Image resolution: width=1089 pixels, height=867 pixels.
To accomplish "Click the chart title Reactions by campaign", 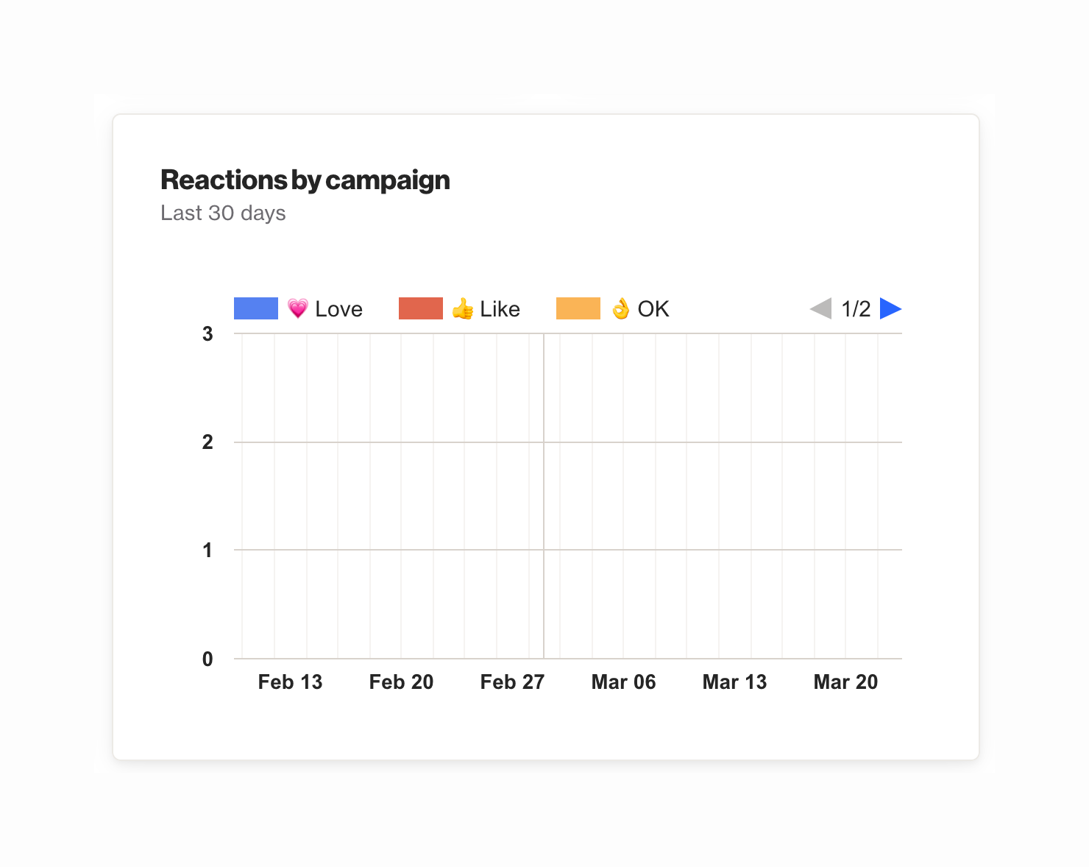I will click(x=305, y=180).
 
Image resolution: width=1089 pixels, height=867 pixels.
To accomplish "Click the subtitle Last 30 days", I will click(x=223, y=213).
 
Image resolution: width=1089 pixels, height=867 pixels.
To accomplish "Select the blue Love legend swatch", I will click(x=255, y=308).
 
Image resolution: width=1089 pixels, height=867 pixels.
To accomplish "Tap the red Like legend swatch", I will click(x=420, y=308).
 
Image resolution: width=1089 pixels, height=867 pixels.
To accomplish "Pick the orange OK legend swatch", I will click(x=578, y=308).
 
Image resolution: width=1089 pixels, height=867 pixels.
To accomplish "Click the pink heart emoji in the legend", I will click(x=297, y=309).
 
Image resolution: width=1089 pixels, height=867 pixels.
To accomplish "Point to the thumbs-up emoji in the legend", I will click(x=463, y=309).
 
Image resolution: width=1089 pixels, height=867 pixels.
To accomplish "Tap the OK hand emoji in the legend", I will click(x=621, y=309).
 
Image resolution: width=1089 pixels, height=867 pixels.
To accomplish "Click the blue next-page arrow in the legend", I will click(x=890, y=309).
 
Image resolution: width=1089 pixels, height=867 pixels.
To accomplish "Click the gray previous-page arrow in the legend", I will click(x=821, y=309).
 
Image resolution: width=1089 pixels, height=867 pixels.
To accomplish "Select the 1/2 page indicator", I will click(x=856, y=309).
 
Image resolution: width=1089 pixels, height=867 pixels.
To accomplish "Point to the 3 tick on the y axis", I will click(x=207, y=334).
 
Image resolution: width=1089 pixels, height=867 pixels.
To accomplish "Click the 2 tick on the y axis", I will click(x=207, y=442).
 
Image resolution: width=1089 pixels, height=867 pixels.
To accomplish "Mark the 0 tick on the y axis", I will click(x=207, y=659).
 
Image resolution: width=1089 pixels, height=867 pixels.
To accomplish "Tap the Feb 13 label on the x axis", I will click(x=290, y=682).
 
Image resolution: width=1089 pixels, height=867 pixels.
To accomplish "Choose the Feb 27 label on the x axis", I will click(x=512, y=682).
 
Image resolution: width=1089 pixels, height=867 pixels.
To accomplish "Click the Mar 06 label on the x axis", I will click(x=623, y=682).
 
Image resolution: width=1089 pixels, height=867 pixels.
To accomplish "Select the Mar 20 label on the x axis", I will click(x=845, y=682).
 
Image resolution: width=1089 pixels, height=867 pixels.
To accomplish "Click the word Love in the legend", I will click(x=338, y=309).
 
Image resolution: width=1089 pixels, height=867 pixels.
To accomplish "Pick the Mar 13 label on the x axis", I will click(x=734, y=682).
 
